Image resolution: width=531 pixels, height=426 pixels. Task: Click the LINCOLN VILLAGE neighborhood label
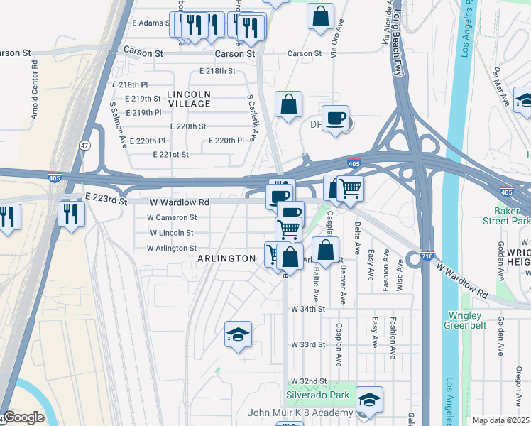click(x=189, y=99)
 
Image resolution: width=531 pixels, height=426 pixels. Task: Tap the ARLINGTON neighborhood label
click(x=226, y=258)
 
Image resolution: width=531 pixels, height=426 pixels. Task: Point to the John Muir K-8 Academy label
click(x=300, y=413)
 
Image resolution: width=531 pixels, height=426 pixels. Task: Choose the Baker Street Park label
click(x=511, y=217)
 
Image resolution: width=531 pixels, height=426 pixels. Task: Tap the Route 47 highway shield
click(x=84, y=145)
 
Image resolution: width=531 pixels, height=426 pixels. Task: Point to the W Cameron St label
click(x=171, y=218)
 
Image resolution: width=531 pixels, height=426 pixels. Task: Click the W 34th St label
click(x=307, y=309)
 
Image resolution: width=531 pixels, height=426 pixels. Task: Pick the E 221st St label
click(x=170, y=154)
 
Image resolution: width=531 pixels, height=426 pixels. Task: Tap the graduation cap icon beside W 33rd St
click(x=239, y=335)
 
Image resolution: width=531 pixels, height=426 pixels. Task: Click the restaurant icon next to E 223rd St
click(x=72, y=212)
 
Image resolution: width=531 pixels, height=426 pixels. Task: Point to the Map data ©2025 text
click(x=500, y=420)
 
